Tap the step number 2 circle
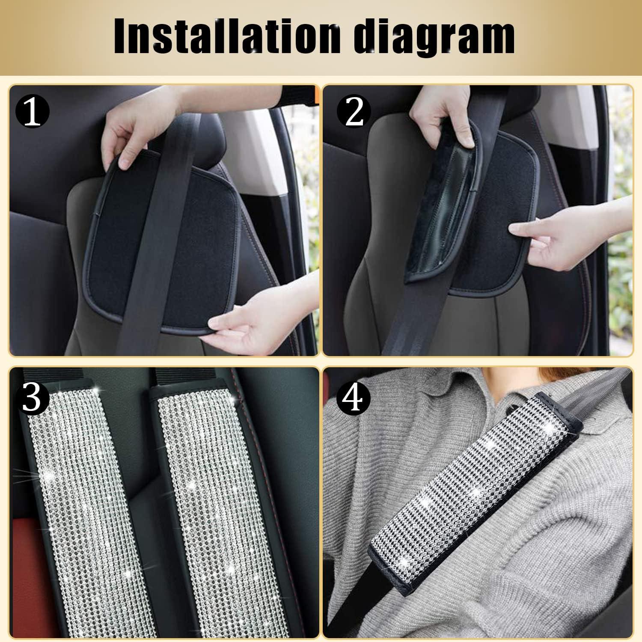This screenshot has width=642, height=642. coord(355,112)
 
